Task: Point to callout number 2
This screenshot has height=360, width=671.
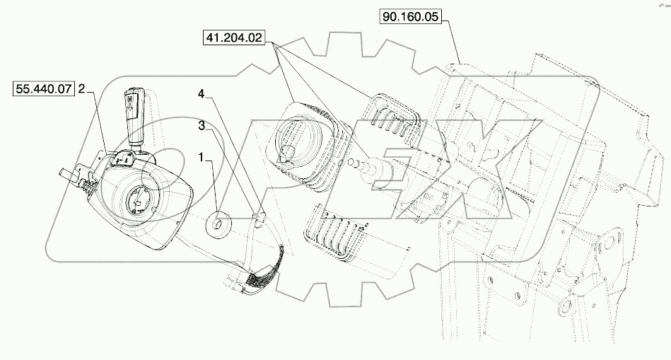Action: (82, 89)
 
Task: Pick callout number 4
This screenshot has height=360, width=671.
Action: (202, 94)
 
